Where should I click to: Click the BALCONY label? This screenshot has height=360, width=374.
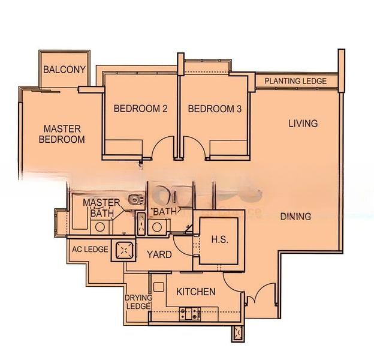[x=64, y=70]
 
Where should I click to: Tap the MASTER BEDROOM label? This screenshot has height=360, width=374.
[x=62, y=134]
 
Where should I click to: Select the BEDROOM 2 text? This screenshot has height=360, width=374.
[x=140, y=109]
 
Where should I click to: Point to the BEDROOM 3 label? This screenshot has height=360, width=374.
[x=215, y=109]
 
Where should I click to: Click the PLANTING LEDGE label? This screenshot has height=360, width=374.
[x=295, y=81]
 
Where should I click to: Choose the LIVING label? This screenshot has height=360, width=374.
[x=303, y=124]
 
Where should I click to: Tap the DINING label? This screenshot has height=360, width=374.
[x=295, y=217]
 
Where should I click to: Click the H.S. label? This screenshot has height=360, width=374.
[x=220, y=239]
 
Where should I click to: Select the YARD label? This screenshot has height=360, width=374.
[x=159, y=254]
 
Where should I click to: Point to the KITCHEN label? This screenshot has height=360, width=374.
[x=196, y=292]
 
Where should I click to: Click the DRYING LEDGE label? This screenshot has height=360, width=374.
[x=138, y=302]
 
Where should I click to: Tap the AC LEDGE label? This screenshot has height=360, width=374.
[x=90, y=250]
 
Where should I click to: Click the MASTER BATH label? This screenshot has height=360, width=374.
[x=102, y=208]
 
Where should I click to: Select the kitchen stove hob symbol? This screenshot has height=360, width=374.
[x=190, y=313]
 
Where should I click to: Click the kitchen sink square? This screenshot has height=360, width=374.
[x=159, y=287]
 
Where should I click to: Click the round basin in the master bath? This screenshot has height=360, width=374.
[x=100, y=227]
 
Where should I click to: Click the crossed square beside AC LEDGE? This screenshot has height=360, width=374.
[x=124, y=250]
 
